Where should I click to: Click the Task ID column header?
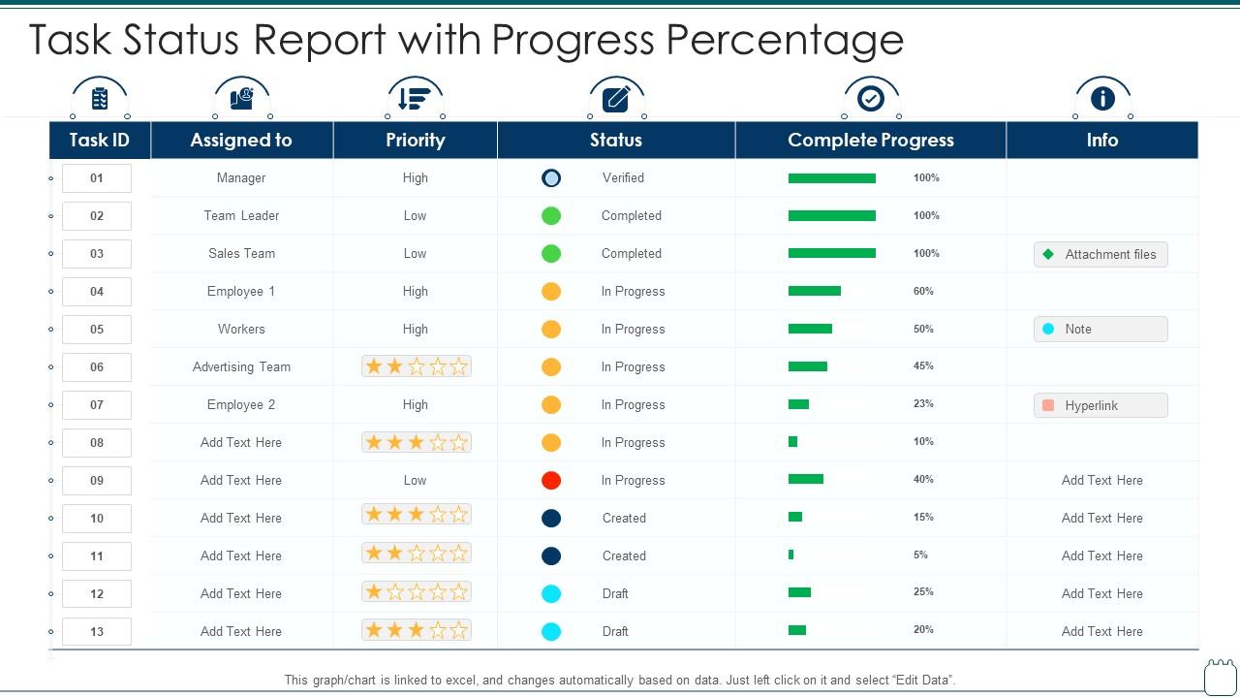coord(99,140)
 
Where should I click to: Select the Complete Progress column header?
coord(870,140)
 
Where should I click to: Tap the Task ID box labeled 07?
coord(97,404)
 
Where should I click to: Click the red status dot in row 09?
coord(551,480)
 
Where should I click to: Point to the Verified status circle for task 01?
coord(551,177)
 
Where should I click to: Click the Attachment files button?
coord(1100,254)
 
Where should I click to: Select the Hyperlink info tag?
coord(1100,405)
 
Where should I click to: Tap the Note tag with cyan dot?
coord(1100,330)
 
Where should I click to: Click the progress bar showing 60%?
coord(814,291)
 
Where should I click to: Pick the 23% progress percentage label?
coord(923,403)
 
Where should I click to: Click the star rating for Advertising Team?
coord(416,366)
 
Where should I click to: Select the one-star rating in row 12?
coord(416,591)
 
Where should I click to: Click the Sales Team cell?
coord(241,253)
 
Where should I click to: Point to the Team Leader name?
coord(241,215)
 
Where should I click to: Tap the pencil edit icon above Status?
coord(616,99)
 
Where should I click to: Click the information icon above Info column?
coord(1102,99)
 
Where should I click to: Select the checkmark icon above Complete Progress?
coord(871,99)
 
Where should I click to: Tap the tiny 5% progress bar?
coord(791,555)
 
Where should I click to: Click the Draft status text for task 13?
coord(615,631)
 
